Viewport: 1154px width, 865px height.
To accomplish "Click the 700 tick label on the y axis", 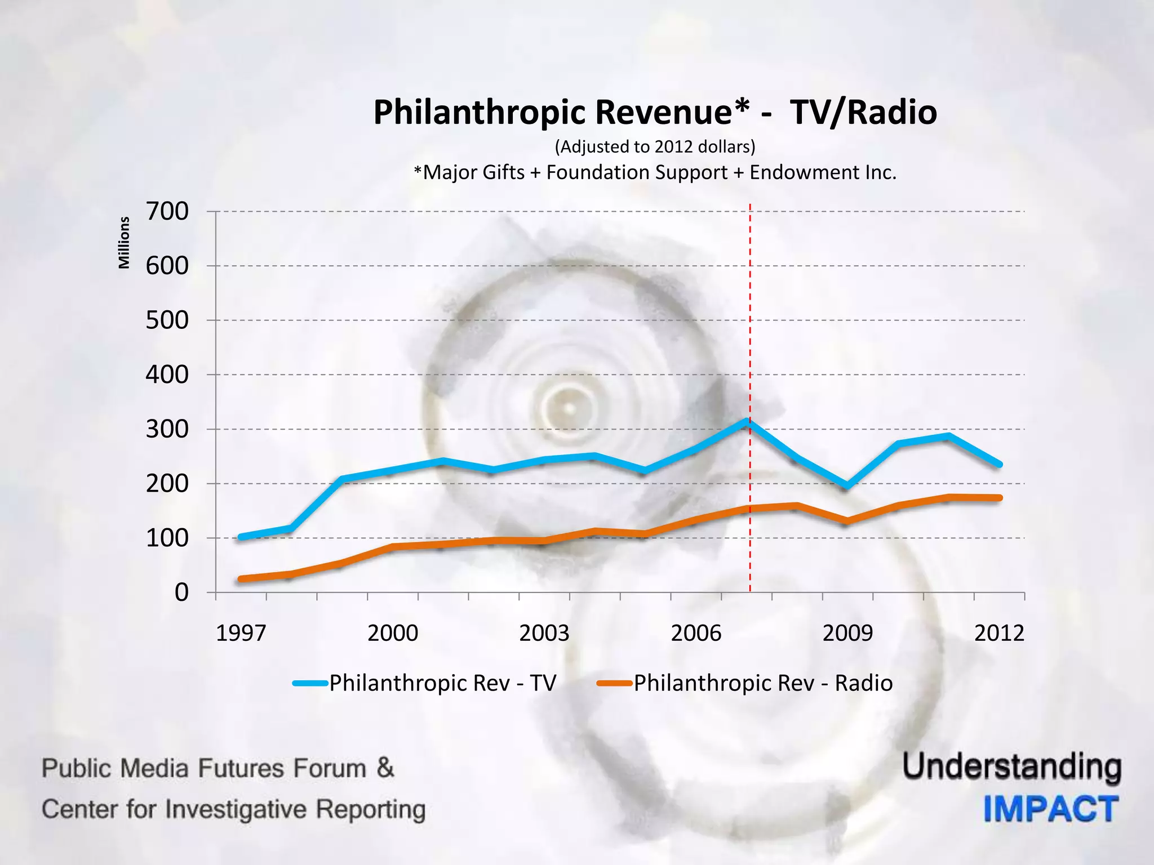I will pyautogui.click(x=167, y=212).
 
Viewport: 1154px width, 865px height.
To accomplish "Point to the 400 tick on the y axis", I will pyautogui.click(x=167, y=374).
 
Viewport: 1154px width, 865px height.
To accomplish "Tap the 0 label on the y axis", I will pyautogui.click(x=181, y=592).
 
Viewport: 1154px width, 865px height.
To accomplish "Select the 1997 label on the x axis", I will pyautogui.click(x=241, y=633).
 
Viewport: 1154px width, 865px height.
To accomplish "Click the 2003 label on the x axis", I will pyautogui.click(x=544, y=633).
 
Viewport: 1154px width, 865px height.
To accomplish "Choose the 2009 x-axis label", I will pyautogui.click(x=847, y=633).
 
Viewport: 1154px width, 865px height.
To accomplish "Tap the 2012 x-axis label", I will pyautogui.click(x=998, y=633).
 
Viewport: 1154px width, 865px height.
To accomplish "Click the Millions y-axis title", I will pyautogui.click(x=124, y=243).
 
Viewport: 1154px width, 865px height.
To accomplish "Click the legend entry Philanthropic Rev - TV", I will pyautogui.click(x=442, y=683).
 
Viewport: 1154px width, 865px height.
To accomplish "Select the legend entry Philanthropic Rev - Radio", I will pyautogui.click(x=762, y=683).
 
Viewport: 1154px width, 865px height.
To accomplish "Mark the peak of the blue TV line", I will pyautogui.click(x=747, y=421).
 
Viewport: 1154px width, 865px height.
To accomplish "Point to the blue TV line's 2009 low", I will pyautogui.click(x=847, y=486).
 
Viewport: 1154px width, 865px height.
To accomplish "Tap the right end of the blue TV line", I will pyautogui.click(x=999, y=465).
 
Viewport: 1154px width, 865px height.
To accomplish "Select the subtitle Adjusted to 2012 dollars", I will pyautogui.click(x=655, y=147).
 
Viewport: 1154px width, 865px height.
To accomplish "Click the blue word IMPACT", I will pyautogui.click(x=1051, y=809).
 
